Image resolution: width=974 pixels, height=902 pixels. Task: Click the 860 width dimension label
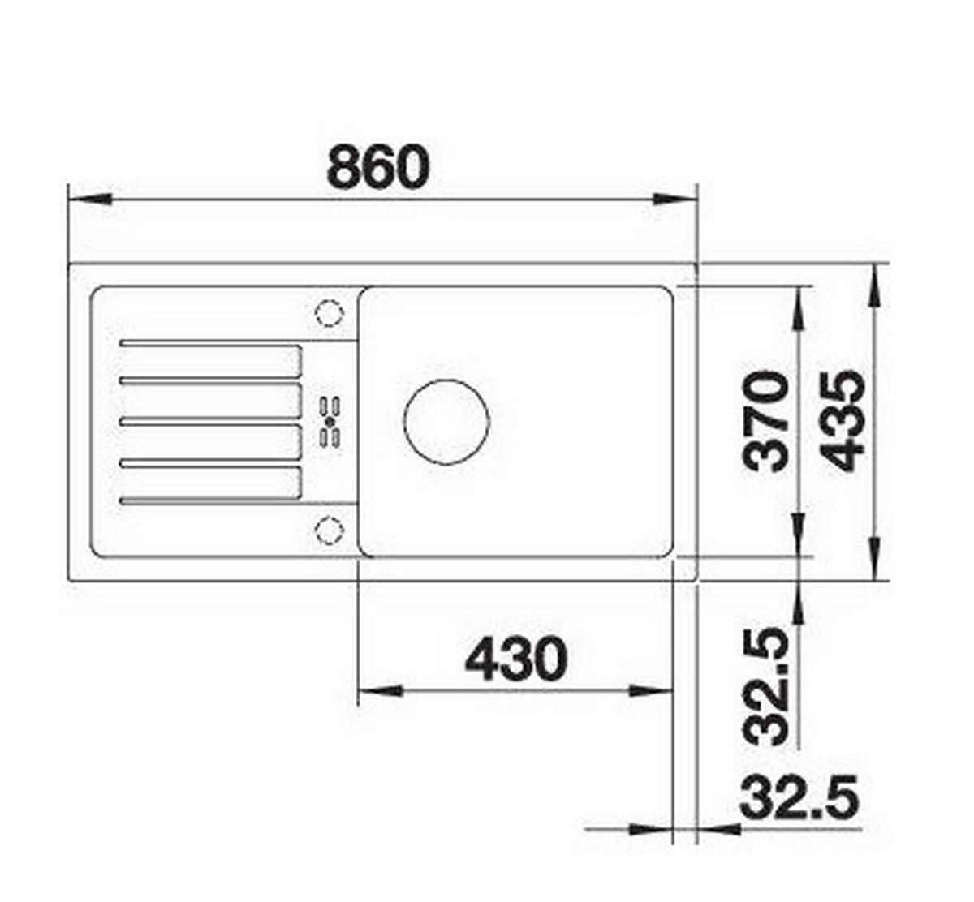point(378,166)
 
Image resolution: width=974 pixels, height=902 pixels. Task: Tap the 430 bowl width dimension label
point(516,659)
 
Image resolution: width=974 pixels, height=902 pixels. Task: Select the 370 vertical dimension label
point(766,422)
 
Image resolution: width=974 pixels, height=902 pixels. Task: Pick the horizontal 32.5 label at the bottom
point(799,797)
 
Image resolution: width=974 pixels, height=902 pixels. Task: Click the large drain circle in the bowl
point(446,422)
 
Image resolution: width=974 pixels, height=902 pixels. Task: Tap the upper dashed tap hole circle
point(329,313)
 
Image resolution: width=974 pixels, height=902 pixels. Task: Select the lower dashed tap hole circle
point(329,530)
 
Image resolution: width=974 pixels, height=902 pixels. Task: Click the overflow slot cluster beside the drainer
point(330,422)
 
